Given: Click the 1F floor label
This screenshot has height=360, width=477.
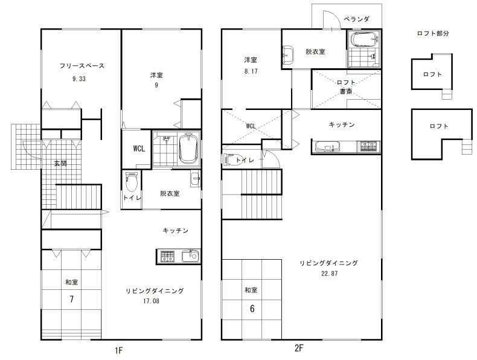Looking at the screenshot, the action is pyautogui.click(x=118, y=350).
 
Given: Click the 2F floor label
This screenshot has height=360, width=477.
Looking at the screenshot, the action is pyautogui.click(x=299, y=348).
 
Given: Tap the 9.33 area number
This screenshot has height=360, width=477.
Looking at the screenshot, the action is pyautogui.click(x=78, y=79).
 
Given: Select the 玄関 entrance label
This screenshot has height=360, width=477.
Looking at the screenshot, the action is pyautogui.click(x=60, y=164).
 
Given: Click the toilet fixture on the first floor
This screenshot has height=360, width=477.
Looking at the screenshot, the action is pyautogui.click(x=132, y=182).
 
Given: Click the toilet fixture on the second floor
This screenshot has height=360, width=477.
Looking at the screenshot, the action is pyautogui.click(x=233, y=159).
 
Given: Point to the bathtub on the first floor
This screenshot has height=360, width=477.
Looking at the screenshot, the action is pyautogui.click(x=188, y=149).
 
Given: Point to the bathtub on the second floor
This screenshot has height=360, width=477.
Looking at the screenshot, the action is pyautogui.click(x=365, y=39).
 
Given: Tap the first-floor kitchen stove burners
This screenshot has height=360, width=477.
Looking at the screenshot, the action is pyautogui.click(x=167, y=257).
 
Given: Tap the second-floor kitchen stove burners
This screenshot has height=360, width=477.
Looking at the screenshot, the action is pyautogui.click(x=369, y=147).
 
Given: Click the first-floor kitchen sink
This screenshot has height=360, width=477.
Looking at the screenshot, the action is pyautogui.click(x=190, y=256).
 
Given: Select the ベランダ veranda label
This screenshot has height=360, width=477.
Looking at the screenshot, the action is pyautogui.click(x=356, y=19).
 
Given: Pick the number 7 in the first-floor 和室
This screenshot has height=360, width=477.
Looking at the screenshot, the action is pyautogui.click(x=71, y=299).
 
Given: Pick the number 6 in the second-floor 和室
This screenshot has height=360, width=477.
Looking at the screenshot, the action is pyautogui.click(x=252, y=309).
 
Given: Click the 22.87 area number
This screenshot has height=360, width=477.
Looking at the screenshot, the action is pyautogui.click(x=330, y=273).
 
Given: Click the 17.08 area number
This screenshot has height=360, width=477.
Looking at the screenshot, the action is pyautogui.click(x=151, y=301).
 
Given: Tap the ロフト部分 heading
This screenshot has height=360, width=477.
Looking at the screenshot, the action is pyautogui.click(x=432, y=33).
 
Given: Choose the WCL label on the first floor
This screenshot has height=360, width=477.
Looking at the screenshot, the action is pyautogui.click(x=139, y=149).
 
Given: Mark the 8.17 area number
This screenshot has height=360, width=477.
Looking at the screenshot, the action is pyautogui.click(x=251, y=71).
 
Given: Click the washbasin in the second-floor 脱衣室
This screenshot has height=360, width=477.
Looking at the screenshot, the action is pyautogui.click(x=288, y=54).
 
